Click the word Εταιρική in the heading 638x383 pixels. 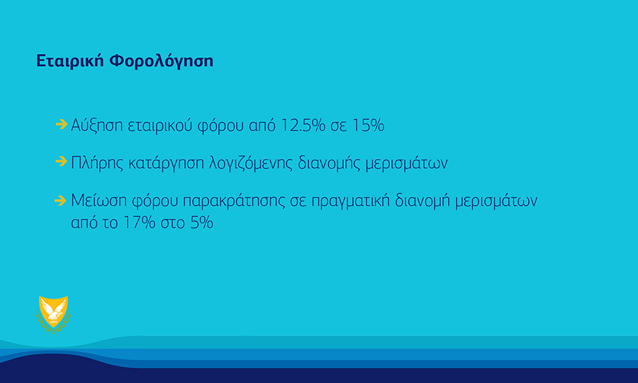point(70,61)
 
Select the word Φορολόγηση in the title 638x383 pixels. point(162,61)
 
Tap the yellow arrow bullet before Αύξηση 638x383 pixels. point(62,124)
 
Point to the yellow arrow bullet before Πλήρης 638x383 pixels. point(62,162)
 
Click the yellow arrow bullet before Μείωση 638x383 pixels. point(61,200)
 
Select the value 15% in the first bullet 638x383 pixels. point(368,125)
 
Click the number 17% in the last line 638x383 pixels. point(140,222)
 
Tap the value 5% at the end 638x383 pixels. point(202,222)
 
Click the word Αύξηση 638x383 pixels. point(97,125)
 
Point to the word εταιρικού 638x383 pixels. point(160,125)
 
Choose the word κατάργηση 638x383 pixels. point(166,163)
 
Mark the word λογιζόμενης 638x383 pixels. point(251,163)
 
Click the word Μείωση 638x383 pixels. point(99,201)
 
